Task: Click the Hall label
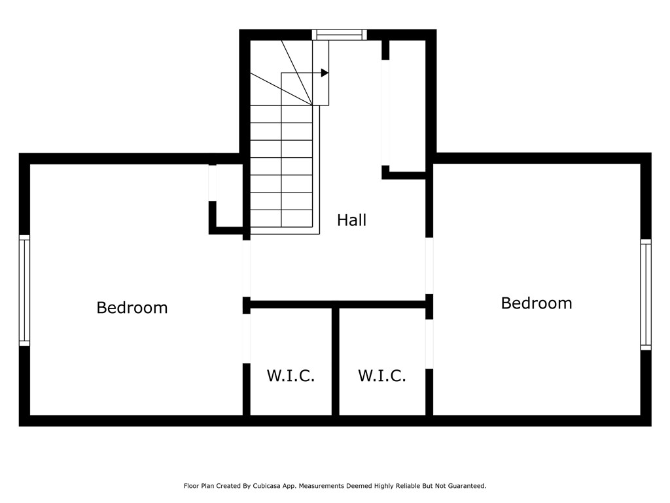coord(351,220)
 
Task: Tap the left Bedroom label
coord(132,307)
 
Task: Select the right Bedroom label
coord(536,303)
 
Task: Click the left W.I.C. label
coord(291,376)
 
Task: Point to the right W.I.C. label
coord(381,376)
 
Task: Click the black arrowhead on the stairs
coord(325,73)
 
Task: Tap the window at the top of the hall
coord(339,35)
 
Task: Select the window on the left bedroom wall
coord(24,290)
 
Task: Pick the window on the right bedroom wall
coord(645,294)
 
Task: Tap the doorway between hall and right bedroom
coord(429,265)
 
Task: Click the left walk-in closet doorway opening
coord(247,338)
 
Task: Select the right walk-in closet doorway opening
coord(429,343)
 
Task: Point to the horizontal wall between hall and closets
coord(337,304)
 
